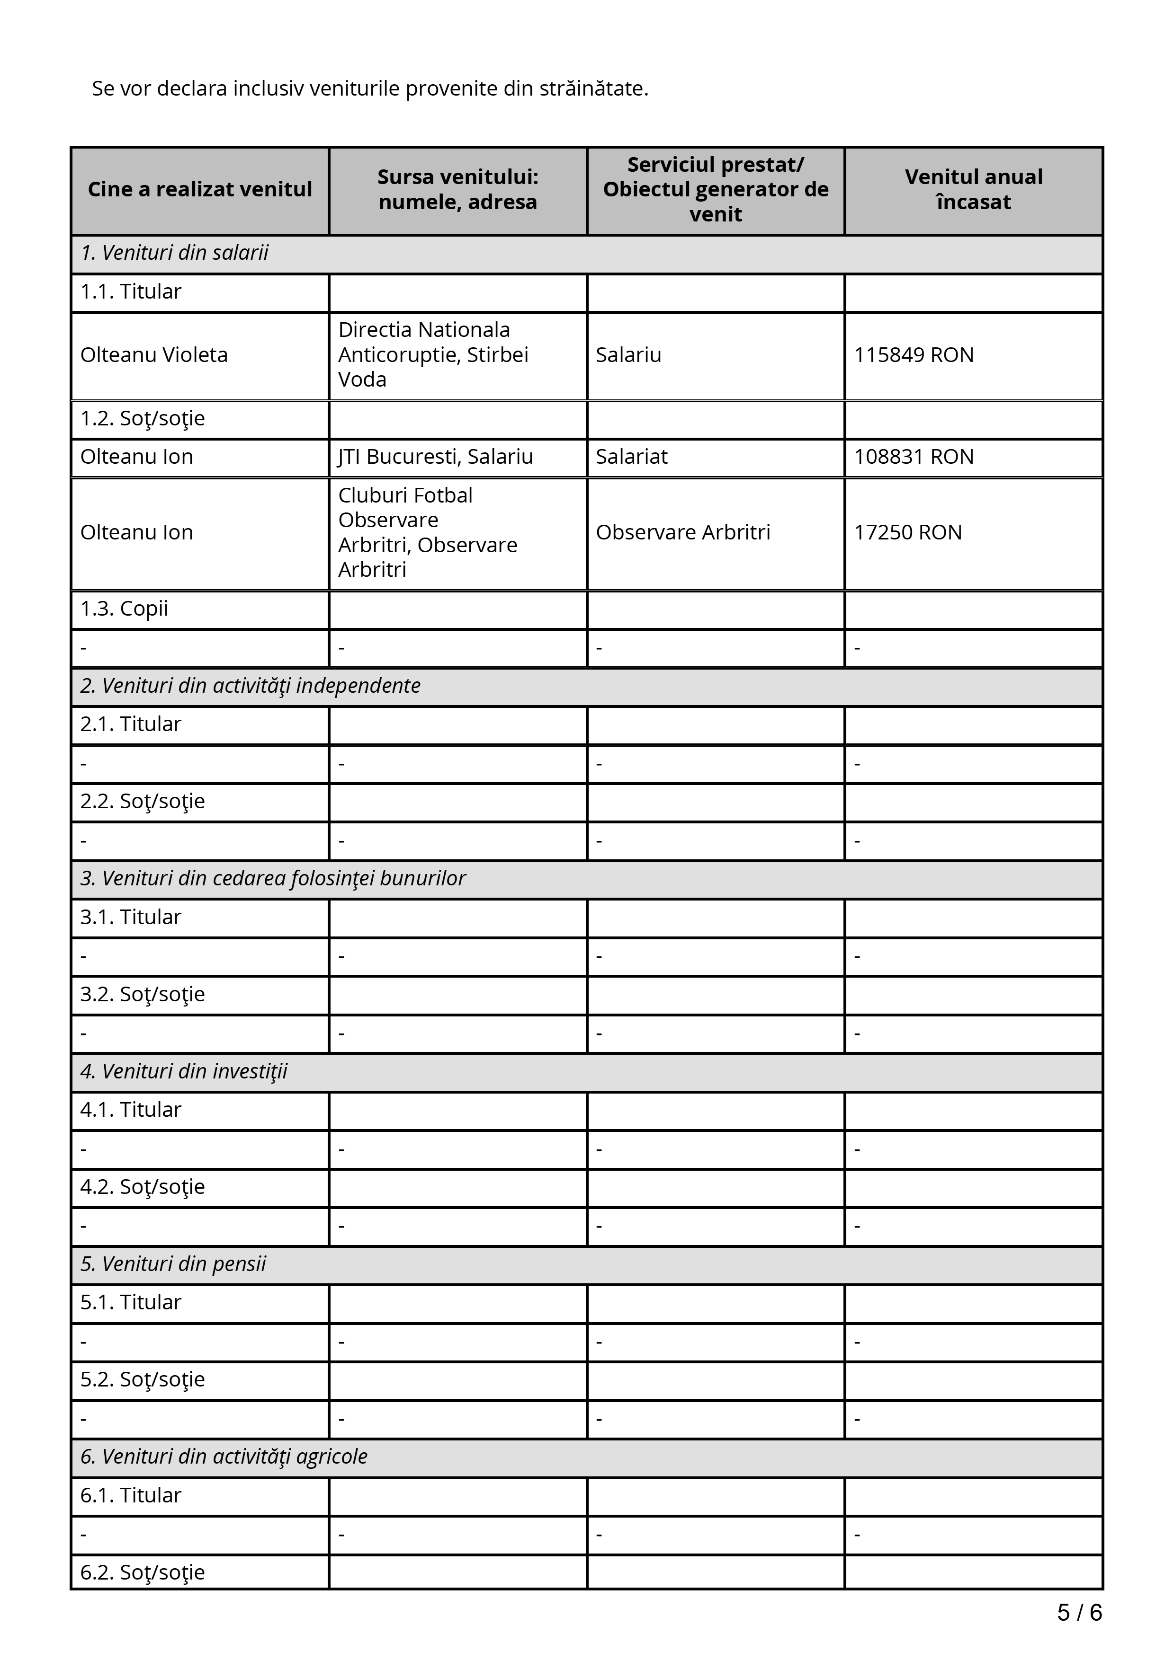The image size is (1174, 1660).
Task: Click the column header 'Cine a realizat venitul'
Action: pos(200,189)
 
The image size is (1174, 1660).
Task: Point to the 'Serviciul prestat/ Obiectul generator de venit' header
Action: pos(716,189)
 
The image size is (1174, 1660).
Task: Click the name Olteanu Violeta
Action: pos(153,355)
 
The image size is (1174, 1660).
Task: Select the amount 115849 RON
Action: pos(914,355)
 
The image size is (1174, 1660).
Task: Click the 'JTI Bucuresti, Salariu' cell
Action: pos(435,457)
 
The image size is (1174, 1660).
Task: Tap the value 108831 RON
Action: pos(914,457)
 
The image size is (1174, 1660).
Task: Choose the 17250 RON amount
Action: pos(908,533)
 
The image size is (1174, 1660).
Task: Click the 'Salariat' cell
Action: pos(631,457)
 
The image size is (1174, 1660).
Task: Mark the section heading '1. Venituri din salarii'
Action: pos(174,253)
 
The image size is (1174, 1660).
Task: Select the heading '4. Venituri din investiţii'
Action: pos(184,1071)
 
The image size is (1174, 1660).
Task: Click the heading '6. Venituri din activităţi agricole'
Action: pos(224,1456)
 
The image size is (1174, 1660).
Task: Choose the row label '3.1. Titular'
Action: pos(130,917)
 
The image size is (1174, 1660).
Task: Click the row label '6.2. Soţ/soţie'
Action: pos(143,1572)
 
